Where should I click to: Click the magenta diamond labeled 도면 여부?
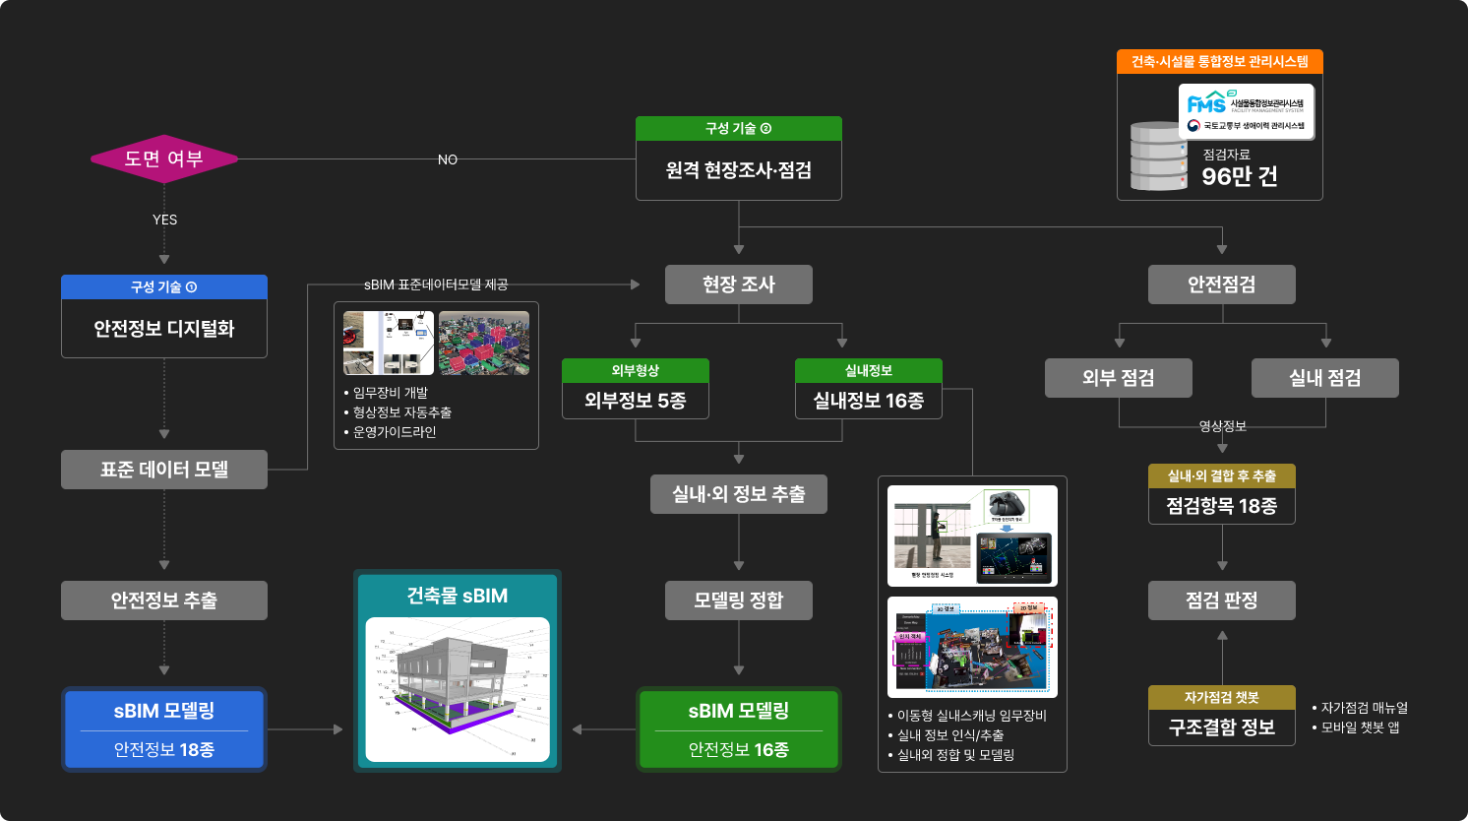pos(164,158)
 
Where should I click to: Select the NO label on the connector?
pos(448,159)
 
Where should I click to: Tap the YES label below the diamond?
pos(165,220)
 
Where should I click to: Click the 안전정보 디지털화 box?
pos(164,328)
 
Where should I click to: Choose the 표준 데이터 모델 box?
pos(164,470)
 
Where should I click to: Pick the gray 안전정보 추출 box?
pos(164,600)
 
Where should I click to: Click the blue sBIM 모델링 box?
pos(164,729)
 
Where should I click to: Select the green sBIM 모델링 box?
pos(739,729)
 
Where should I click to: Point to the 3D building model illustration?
pos(458,690)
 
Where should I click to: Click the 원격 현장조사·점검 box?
pos(739,170)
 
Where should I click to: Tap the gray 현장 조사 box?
pos(739,284)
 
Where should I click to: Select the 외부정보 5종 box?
pos(636,400)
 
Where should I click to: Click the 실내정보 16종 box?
pos(869,400)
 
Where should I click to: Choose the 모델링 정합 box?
pos(739,600)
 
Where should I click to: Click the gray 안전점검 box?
pos(1222,284)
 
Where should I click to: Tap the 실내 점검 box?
pos(1325,378)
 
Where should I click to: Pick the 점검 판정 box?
pos(1222,600)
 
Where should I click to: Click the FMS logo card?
pos(1247,112)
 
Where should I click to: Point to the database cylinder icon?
pos(1158,157)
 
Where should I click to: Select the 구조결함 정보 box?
pos(1222,727)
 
